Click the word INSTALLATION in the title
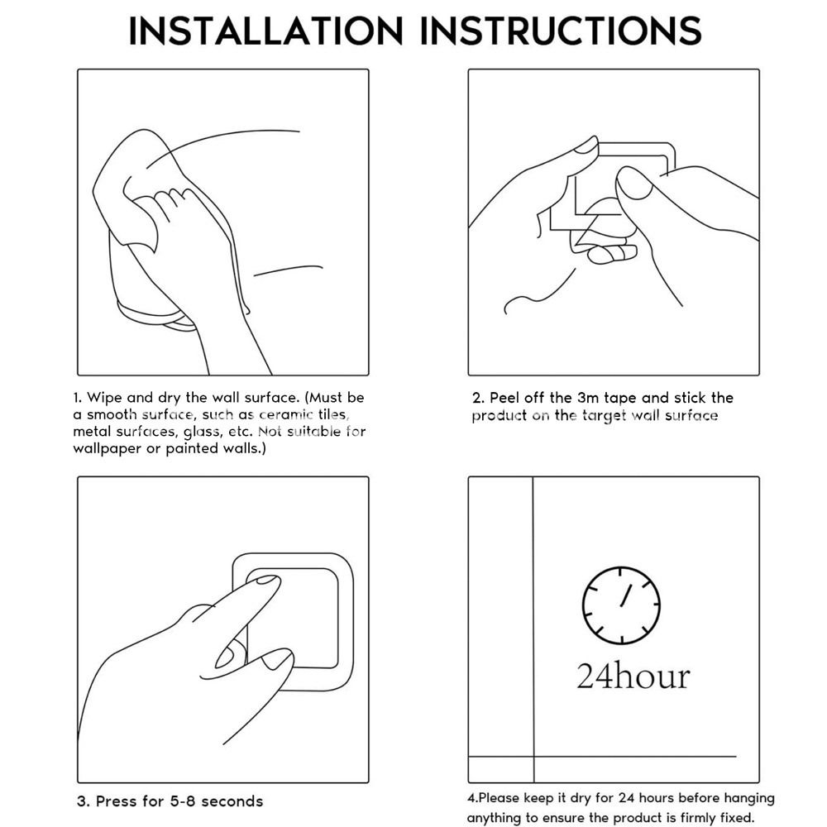[266, 31]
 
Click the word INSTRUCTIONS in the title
[561, 31]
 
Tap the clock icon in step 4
[621, 605]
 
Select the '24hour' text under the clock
[633, 676]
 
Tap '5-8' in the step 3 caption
[183, 801]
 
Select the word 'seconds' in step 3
[232, 801]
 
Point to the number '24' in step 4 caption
[626, 798]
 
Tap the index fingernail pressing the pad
[267, 581]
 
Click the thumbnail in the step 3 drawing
[225, 657]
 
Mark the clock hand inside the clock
[625, 595]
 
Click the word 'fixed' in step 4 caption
[736, 819]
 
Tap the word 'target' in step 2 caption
[605, 416]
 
